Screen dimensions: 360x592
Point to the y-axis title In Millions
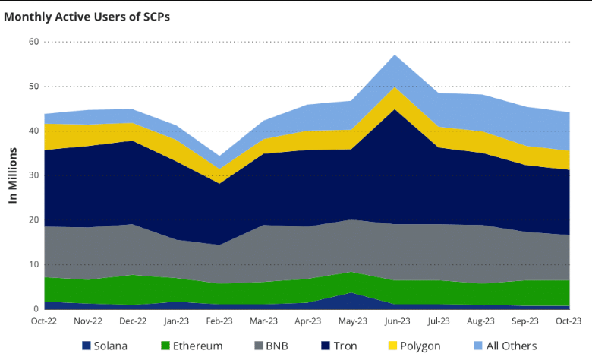(x=13, y=175)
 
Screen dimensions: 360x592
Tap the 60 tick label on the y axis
(x=33, y=42)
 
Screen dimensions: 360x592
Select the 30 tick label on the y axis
(x=33, y=175)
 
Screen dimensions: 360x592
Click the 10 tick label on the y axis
(x=33, y=264)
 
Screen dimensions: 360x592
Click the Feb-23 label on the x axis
(x=220, y=321)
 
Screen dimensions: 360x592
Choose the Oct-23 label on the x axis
(x=568, y=321)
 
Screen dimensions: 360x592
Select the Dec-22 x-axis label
(x=133, y=321)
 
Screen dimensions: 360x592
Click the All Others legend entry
(x=503, y=346)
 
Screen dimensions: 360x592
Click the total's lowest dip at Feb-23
(x=220, y=156)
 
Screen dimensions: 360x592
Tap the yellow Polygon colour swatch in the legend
(x=392, y=346)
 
